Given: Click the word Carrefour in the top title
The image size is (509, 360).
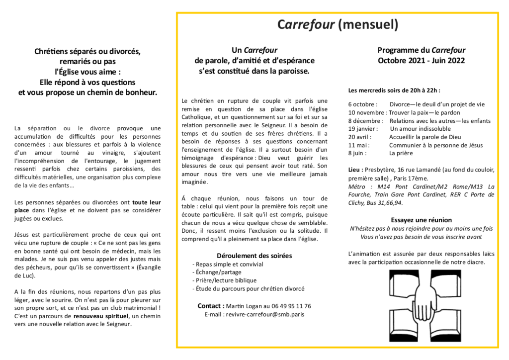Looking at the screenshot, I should pos(306,24).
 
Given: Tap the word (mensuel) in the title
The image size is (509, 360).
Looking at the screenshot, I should pos(368,24).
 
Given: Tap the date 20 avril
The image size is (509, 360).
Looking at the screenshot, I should pos(359,137).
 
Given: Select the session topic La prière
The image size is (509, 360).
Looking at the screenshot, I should pos(401,153).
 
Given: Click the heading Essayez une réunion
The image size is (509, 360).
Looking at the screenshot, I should pos(421,220).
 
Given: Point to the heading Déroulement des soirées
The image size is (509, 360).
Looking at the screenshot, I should pos(254,256).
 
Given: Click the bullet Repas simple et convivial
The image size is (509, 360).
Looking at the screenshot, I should pos(222,265).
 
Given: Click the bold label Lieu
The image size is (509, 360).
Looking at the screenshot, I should pos(355,170).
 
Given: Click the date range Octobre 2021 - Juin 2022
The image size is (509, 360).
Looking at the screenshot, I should pos(421,61).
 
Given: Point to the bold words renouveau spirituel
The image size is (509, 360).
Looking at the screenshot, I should pos(101,316).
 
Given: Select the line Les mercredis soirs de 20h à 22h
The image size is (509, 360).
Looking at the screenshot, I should pos(394,90).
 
